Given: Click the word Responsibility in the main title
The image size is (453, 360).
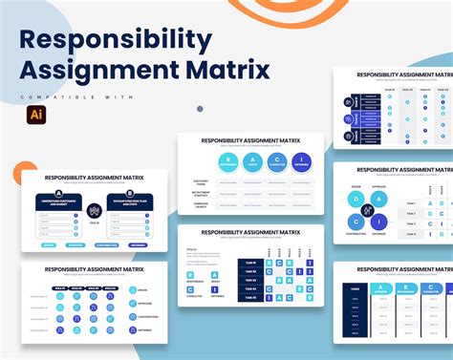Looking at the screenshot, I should [116, 40].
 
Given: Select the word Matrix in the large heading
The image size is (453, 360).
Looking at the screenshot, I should [227, 70].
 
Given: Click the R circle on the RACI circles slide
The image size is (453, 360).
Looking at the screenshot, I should [227, 161].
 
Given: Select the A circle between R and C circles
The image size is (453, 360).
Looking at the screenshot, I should [251, 161].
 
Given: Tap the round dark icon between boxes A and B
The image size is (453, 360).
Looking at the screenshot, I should [95, 210].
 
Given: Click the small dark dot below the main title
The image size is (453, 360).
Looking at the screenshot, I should [200, 109].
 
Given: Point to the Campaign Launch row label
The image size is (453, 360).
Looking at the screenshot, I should [202, 204].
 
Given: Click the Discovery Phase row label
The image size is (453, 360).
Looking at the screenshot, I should [202, 181].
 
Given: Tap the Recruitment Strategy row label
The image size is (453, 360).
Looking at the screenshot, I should [202, 193].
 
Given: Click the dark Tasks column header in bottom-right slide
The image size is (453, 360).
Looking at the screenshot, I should [355, 287].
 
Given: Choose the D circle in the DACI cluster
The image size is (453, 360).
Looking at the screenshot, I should [355, 200].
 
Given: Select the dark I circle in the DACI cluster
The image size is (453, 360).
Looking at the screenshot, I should [378, 222].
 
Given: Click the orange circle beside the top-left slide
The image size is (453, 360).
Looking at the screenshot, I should [24, 173].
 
